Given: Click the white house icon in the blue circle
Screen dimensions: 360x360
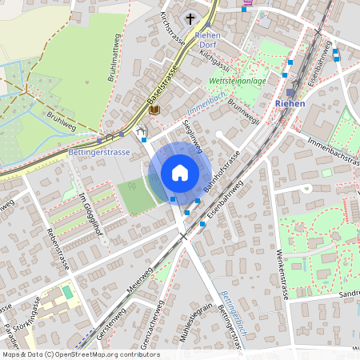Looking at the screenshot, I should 180,173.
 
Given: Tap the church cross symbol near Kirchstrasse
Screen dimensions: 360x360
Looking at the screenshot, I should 190,18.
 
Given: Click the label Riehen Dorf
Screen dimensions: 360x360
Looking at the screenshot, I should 207,41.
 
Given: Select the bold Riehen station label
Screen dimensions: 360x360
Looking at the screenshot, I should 289,104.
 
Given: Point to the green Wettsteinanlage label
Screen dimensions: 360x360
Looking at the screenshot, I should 238,82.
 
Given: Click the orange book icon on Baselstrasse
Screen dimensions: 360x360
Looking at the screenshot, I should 154,109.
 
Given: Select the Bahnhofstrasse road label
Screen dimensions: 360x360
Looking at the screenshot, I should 222,177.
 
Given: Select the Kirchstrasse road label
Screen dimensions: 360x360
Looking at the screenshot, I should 171,29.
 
